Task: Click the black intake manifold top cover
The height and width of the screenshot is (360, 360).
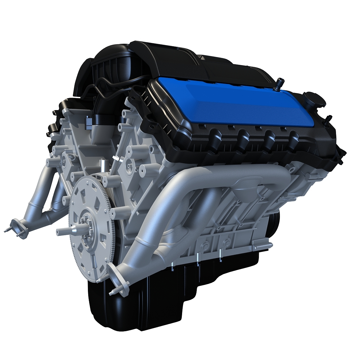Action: coord(180,57)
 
